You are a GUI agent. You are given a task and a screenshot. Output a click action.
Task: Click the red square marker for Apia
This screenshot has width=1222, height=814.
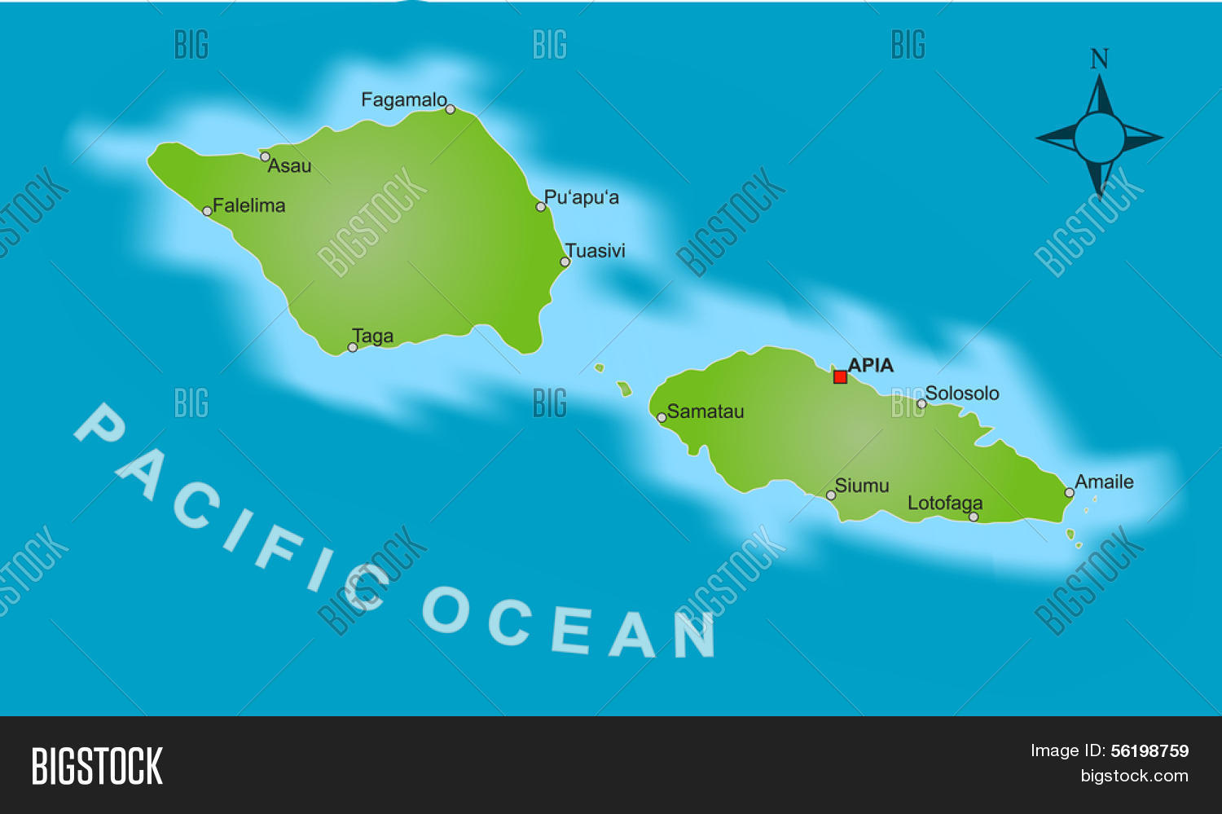point(840,376)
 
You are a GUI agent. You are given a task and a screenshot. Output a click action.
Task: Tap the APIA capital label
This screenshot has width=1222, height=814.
point(871,365)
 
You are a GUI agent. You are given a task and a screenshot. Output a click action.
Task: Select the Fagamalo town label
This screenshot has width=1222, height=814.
point(403,100)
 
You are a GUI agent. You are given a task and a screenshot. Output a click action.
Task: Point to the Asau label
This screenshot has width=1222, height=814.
point(289,166)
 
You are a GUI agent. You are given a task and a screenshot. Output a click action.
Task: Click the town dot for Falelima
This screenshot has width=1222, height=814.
point(207,211)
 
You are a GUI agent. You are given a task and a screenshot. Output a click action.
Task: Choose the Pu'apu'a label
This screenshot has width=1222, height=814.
point(582,197)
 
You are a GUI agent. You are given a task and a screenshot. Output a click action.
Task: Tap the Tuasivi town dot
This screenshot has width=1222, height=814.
point(565,262)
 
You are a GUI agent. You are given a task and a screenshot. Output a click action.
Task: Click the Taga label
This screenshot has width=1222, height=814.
point(373,336)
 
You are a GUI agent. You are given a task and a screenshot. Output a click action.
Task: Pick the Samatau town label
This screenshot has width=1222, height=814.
point(706,411)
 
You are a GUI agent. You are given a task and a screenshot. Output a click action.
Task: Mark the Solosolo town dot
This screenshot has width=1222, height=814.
point(921,403)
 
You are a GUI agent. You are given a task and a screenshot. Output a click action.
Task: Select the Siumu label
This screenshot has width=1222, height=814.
point(862,486)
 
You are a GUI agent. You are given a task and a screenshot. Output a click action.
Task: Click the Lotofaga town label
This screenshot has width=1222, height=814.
point(945,503)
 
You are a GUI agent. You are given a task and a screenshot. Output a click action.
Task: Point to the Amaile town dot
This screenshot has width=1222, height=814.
point(1070,492)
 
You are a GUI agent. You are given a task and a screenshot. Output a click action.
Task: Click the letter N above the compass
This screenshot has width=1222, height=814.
point(1100,59)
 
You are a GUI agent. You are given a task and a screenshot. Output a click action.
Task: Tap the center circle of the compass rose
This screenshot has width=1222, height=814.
point(1099,138)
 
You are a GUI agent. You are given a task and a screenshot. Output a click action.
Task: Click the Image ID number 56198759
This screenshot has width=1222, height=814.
point(1149,750)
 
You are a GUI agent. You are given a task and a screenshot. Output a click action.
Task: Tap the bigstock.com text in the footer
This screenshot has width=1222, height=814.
point(1134,776)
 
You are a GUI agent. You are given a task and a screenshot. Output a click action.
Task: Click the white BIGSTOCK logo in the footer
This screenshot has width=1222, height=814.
point(97,766)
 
